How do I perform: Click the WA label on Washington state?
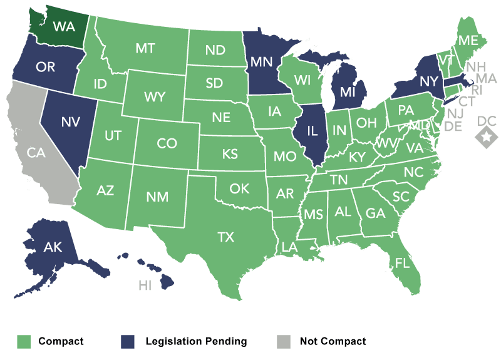[64, 27]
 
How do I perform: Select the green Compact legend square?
[23, 341]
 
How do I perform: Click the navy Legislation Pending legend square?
[128, 341]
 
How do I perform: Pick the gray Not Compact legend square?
[284, 341]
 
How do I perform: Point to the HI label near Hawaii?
[145, 286]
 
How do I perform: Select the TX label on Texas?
[225, 237]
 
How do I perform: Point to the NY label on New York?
[428, 81]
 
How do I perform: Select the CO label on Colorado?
[167, 144]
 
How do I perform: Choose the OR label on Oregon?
[46, 67]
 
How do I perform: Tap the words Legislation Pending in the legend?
[196, 341]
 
